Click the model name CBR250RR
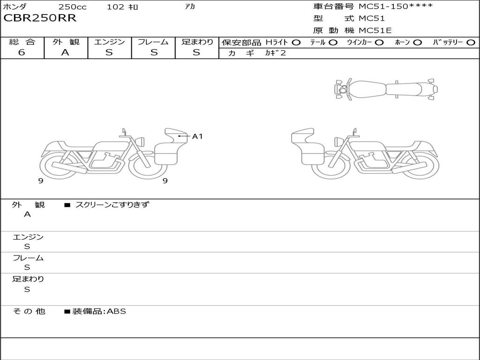[x=40, y=18]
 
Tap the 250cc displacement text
[x=73, y=7]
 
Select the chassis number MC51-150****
[x=396, y=7]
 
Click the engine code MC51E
[x=375, y=30]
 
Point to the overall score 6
[x=22, y=52]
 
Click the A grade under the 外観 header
[x=65, y=52]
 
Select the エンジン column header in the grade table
[x=109, y=42]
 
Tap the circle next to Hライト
[x=296, y=43]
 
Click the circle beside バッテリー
[x=471, y=43]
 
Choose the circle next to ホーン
[x=417, y=43]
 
